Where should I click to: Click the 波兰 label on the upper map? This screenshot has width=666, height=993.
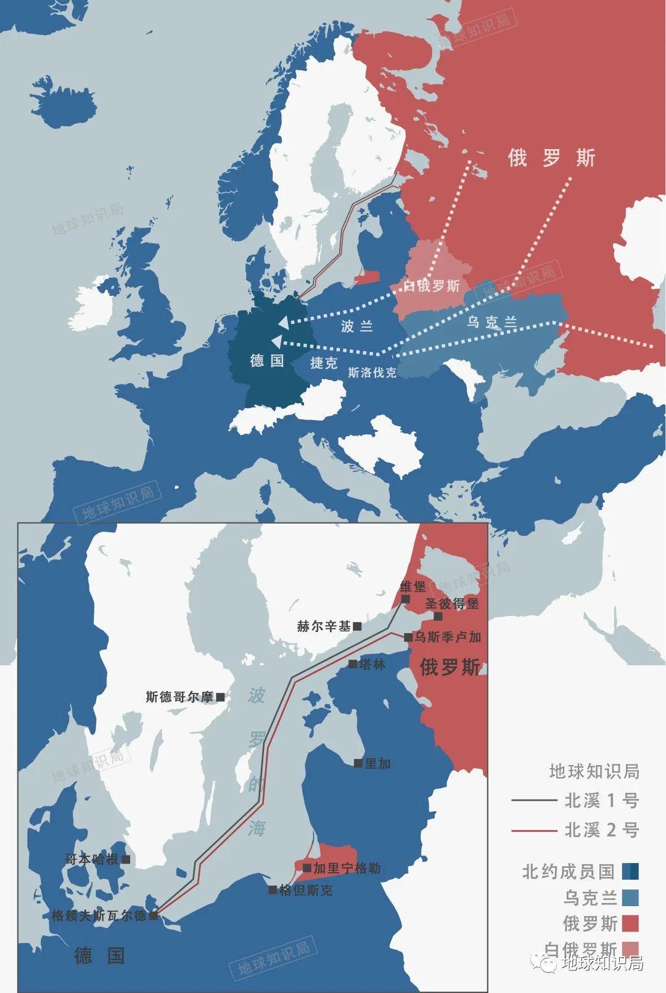[356, 326]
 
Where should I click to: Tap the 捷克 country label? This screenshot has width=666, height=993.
[324, 362]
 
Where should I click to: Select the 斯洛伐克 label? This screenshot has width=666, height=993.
[372, 372]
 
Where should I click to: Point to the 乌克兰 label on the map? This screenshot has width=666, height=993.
[491, 322]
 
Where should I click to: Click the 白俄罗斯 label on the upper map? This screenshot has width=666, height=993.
[432, 286]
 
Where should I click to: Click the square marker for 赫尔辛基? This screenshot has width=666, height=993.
[357, 626]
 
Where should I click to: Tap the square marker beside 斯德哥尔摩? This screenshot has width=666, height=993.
[220, 697]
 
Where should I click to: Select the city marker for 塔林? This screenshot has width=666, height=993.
[353, 664]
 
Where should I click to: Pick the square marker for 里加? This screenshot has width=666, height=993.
[358, 763]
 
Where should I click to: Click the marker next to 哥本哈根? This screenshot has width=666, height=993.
[126, 859]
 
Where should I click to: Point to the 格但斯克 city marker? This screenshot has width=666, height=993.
[273, 890]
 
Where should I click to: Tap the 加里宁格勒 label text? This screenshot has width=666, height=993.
[347, 869]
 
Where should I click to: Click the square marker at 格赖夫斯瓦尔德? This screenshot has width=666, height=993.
[154, 916]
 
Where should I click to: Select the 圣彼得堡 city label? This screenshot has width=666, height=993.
[452, 603]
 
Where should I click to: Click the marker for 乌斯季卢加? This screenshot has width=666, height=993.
[408, 638]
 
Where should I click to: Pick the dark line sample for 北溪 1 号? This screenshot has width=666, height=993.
[534, 801]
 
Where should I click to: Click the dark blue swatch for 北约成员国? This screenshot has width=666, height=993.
[630, 872]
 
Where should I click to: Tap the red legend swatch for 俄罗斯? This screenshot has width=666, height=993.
[630, 923]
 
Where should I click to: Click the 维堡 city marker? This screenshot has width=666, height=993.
[405, 599]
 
